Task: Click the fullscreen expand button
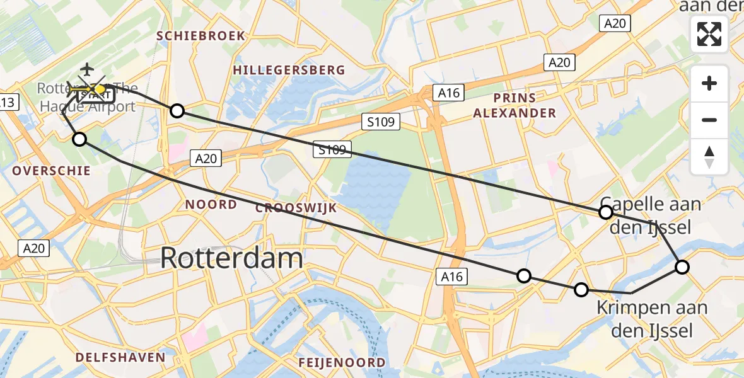(x=709, y=34)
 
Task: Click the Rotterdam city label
(x=231, y=258)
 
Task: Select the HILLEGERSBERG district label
(x=289, y=70)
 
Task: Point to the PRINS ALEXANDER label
(x=515, y=105)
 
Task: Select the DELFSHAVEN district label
(x=120, y=357)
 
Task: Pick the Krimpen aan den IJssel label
(x=652, y=319)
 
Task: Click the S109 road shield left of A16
(x=381, y=122)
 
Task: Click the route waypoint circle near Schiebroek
(x=177, y=111)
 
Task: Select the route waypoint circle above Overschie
(x=79, y=139)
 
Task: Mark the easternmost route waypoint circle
(x=682, y=267)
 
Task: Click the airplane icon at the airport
(x=86, y=69)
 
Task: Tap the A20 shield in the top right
(x=614, y=23)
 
